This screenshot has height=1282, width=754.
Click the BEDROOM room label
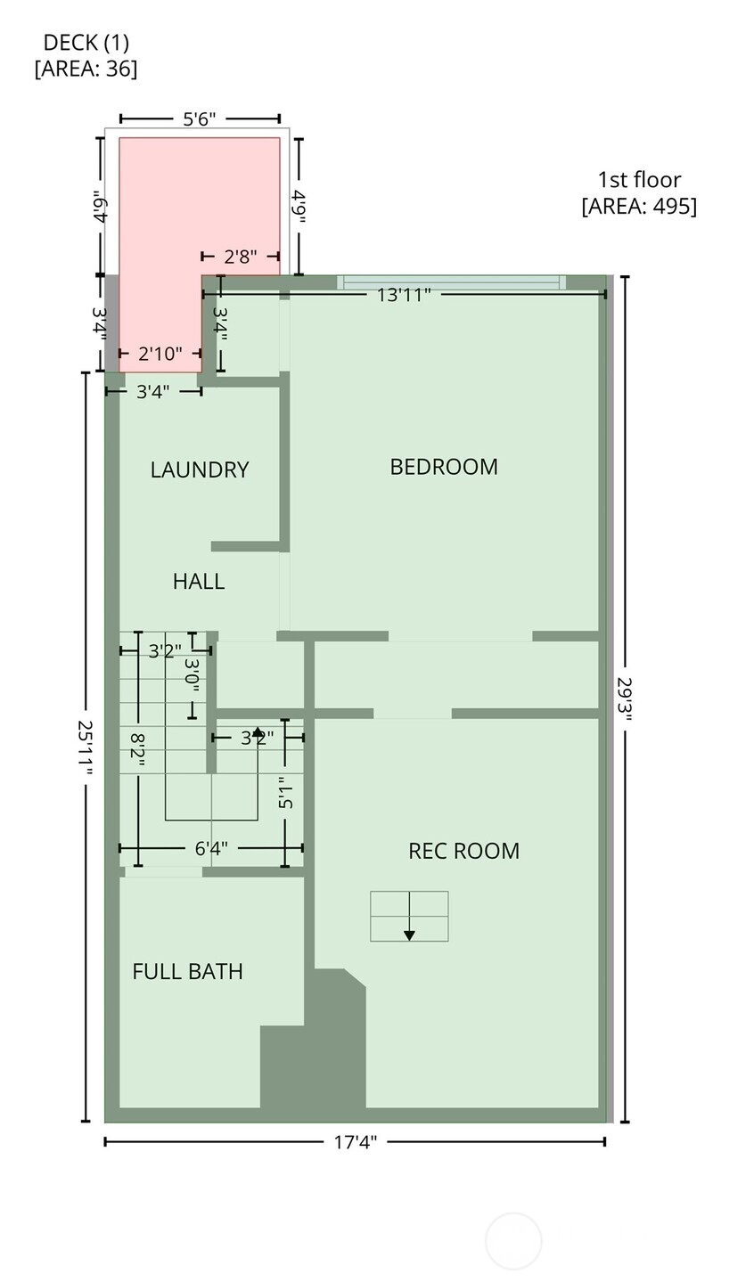point(444,467)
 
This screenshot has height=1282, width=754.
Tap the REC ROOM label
point(463,851)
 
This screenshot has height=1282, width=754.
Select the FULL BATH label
point(187,971)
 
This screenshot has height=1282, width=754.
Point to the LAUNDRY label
point(199,470)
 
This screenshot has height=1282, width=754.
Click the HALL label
point(198,582)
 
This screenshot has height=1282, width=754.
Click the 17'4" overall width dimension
point(356,1142)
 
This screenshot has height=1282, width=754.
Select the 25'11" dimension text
point(85,748)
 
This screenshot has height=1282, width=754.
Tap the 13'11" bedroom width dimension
point(404,294)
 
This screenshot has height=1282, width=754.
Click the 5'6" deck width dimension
point(200,118)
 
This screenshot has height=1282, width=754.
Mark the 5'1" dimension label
point(285,793)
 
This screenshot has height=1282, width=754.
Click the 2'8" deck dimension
point(241,257)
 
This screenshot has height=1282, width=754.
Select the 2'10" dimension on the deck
point(160,354)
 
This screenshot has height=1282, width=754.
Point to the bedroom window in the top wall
point(451,282)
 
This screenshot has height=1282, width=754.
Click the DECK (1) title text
point(86,42)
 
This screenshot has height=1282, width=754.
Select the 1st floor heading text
point(639,179)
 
